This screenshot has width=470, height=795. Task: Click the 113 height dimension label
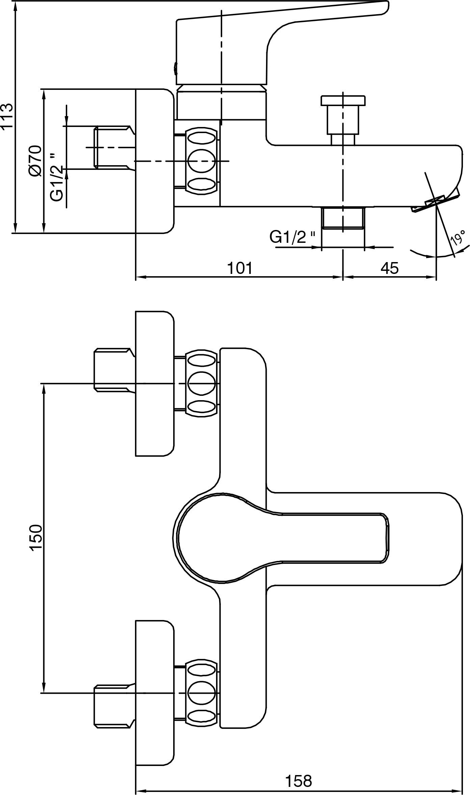(x=7, y=116)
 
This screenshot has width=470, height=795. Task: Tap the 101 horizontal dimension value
(x=240, y=268)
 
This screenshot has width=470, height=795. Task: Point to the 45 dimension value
(x=390, y=268)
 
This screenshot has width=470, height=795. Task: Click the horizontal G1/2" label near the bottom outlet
(x=292, y=237)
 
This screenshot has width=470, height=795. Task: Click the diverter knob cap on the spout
(x=343, y=100)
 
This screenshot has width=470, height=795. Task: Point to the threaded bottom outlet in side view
(x=343, y=218)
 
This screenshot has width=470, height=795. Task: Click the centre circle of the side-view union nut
(x=201, y=161)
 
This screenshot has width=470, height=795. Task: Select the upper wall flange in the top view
(x=155, y=384)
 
